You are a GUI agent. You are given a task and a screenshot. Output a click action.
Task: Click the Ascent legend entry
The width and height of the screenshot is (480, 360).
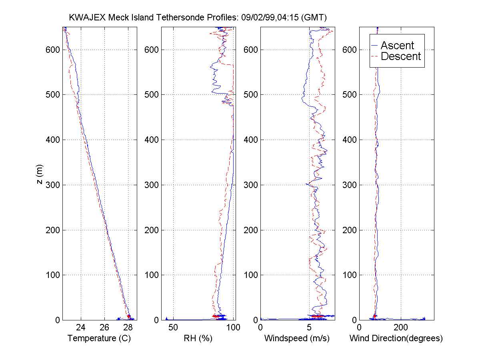click(x=397, y=46)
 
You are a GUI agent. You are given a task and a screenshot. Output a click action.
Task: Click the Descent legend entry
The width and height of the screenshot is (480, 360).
click(x=401, y=56)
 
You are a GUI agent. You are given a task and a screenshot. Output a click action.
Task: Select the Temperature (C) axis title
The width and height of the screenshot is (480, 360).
click(x=99, y=338)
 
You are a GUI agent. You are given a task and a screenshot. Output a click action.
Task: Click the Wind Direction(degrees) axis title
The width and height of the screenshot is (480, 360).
click(x=396, y=338)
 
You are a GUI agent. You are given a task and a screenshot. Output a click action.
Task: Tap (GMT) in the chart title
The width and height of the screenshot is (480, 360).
click(x=314, y=18)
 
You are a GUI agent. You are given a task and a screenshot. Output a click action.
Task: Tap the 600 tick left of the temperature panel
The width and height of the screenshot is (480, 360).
click(x=53, y=50)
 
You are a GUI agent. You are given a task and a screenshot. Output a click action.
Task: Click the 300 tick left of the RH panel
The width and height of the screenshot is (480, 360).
click(x=152, y=185)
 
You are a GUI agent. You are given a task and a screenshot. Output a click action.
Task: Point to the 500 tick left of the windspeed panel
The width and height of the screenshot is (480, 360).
click(x=251, y=95)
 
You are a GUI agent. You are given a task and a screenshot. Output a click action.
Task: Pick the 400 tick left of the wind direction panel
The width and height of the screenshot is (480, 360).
click(x=350, y=140)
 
